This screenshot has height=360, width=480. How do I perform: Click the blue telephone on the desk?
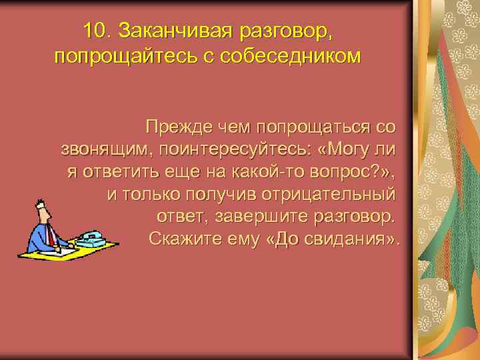pos(91,239)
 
